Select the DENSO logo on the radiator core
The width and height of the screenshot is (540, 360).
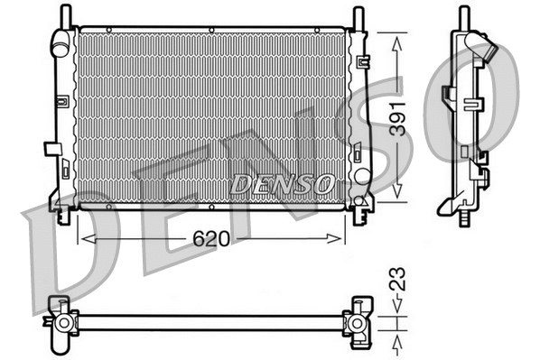point(281,183)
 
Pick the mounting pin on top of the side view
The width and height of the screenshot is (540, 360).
point(464,16)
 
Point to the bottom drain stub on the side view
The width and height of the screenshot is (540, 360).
point(464,218)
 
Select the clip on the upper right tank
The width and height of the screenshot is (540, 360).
point(364,61)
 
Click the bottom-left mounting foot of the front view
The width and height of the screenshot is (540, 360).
point(62,215)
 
